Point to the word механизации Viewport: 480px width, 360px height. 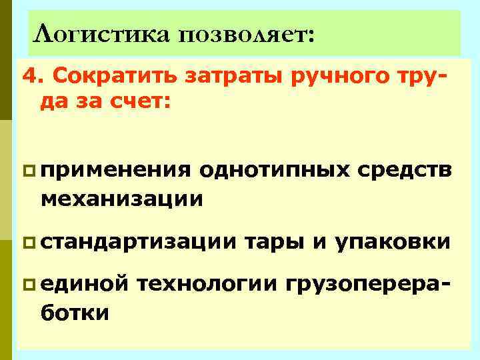[121, 197]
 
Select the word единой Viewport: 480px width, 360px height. [84, 285]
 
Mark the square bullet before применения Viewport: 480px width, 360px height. [28, 171]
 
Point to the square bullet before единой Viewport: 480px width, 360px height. [28, 285]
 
